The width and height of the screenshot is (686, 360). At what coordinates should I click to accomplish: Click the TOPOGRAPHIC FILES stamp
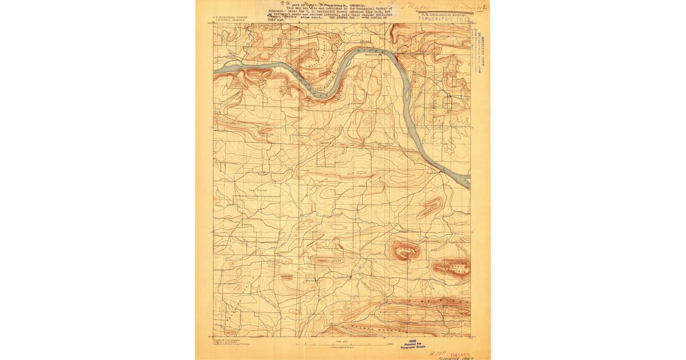(444, 18)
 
